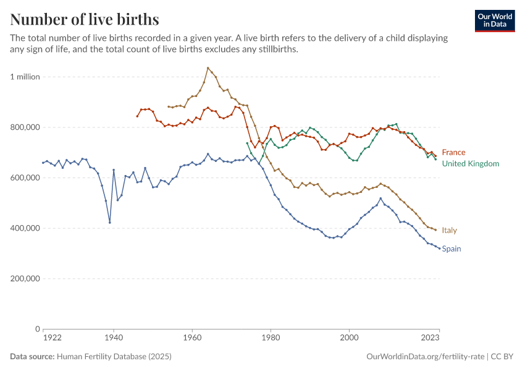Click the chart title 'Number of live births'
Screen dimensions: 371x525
(85, 19)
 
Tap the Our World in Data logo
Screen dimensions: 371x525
(494, 20)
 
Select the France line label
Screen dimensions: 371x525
(453, 152)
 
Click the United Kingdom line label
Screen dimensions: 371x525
(470, 164)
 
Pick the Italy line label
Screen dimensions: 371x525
(449, 230)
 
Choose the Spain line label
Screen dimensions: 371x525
(451, 249)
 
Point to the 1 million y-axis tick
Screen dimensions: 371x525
(25, 77)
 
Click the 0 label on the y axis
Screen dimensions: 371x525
(37, 329)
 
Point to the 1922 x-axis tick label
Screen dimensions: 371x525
(52, 338)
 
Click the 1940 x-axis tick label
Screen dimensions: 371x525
(113, 338)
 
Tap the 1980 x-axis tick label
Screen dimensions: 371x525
(270, 338)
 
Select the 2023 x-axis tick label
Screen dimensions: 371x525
(430, 338)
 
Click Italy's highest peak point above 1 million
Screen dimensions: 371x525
(208, 68)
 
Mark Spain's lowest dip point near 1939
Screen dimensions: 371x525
(109, 223)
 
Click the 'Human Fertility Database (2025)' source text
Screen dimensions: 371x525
(114, 357)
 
